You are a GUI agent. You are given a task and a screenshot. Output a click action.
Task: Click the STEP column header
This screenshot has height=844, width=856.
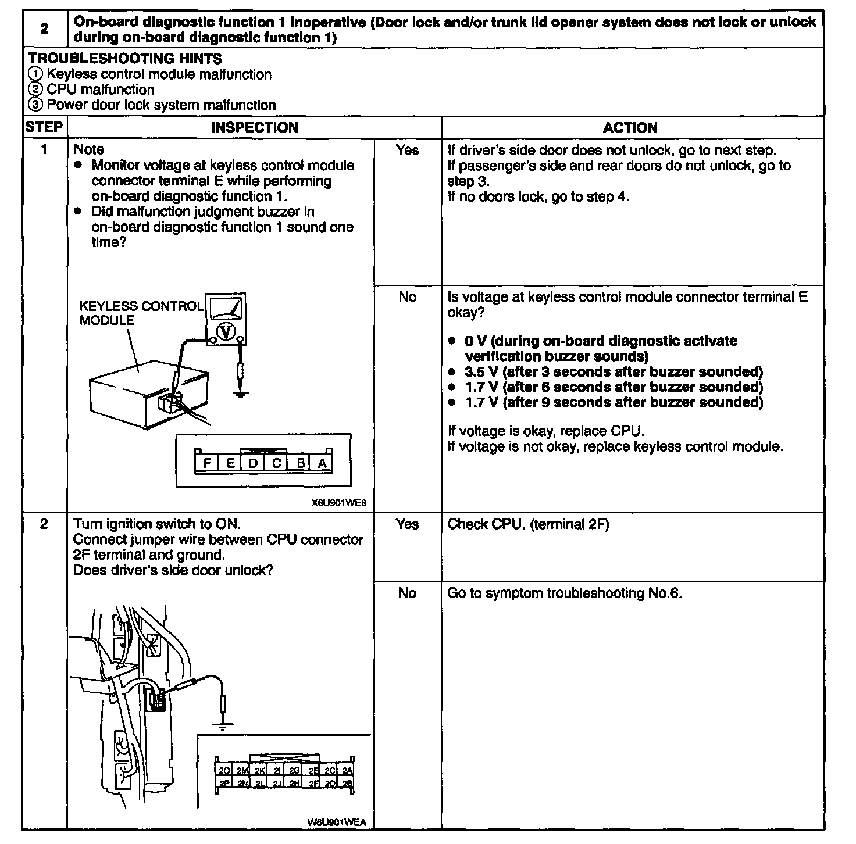click(x=44, y=127)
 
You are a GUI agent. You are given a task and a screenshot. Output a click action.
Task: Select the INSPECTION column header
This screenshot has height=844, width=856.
click(x=254, y=127)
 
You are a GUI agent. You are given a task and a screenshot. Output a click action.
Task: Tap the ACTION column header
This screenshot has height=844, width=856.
click(x=630, y=128)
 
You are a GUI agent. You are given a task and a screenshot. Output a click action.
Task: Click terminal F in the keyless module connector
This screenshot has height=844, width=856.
click(x=207, y=463)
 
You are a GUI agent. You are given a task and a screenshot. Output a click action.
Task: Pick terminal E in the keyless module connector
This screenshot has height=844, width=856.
click(x=231, y=463)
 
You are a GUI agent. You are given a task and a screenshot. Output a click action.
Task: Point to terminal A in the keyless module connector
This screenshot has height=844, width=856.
click(x=322, y=463)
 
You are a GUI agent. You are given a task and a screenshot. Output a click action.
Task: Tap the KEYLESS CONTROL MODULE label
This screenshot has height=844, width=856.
click(x=141, y=313)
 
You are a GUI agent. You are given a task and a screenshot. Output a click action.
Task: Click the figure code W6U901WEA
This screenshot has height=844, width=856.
click(x=337, y=822)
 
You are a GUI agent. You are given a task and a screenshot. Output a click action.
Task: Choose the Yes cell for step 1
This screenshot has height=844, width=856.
click(x=407, y=150)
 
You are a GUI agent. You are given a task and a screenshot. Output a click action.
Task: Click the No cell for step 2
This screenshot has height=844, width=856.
click(x=407, y=593)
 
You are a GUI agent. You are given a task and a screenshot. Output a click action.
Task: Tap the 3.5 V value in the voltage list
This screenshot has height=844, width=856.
click(x=481, y=372)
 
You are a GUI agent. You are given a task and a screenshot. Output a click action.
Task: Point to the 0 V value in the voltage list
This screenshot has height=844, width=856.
click(x=476, y=341)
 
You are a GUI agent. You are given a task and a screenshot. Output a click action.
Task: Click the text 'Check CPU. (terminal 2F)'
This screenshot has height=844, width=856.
click(x=527, y=524)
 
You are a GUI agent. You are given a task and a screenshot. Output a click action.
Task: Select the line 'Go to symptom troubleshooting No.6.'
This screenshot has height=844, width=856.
click(x=564, y=593)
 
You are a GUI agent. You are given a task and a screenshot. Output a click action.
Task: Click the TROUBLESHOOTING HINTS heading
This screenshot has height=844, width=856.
click(x=125, y=59)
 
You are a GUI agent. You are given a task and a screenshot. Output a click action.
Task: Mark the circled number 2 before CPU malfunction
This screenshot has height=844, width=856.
click(x=35, y=90)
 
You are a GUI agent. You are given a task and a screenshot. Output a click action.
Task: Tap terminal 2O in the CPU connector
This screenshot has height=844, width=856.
click(x=224, y=770)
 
